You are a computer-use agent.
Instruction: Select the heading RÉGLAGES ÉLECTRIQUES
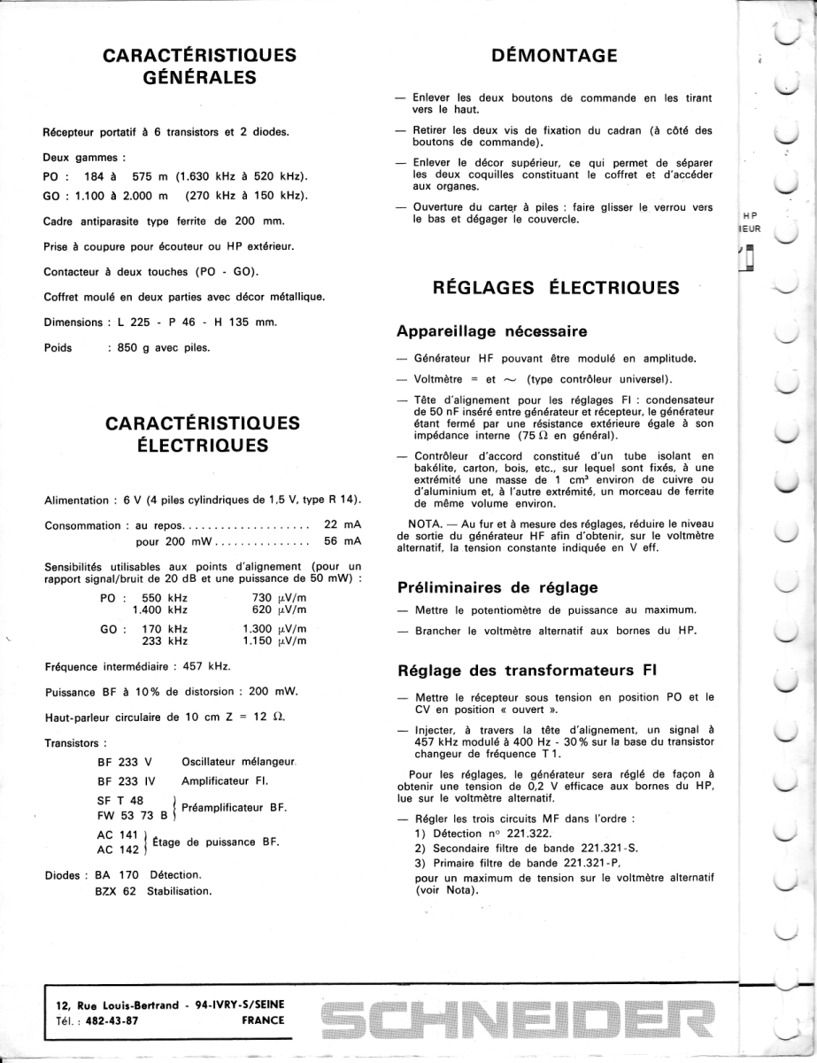pyautogui.click(x=557, y=288)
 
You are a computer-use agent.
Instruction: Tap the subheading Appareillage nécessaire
pyautogui.click(x=492, y=332)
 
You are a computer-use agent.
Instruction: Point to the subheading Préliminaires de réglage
pyautogui.click(x=497, y=586)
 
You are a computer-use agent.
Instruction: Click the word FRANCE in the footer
pyautogui.click(x=263, y=1020)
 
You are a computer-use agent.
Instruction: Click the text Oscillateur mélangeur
pyautogui.click(x=238, y=762)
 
